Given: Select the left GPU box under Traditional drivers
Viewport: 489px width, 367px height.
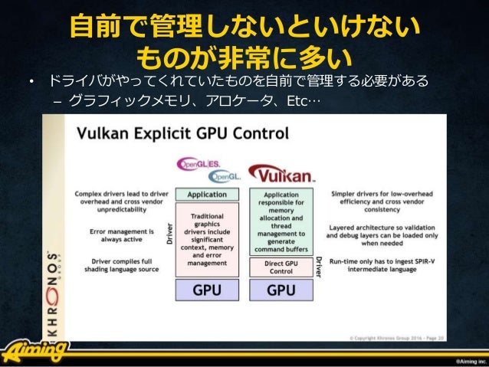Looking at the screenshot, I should (206, 291).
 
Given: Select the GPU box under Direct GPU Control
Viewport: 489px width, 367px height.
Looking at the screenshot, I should (281, 291).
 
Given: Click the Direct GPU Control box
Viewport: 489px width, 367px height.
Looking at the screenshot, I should (281, 266).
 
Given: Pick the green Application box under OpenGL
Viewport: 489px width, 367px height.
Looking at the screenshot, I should (206, 195).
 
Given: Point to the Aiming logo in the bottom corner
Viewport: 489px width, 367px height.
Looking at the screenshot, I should (34, 352).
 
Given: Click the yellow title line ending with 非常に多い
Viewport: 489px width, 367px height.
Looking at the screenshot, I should (244, 57).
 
